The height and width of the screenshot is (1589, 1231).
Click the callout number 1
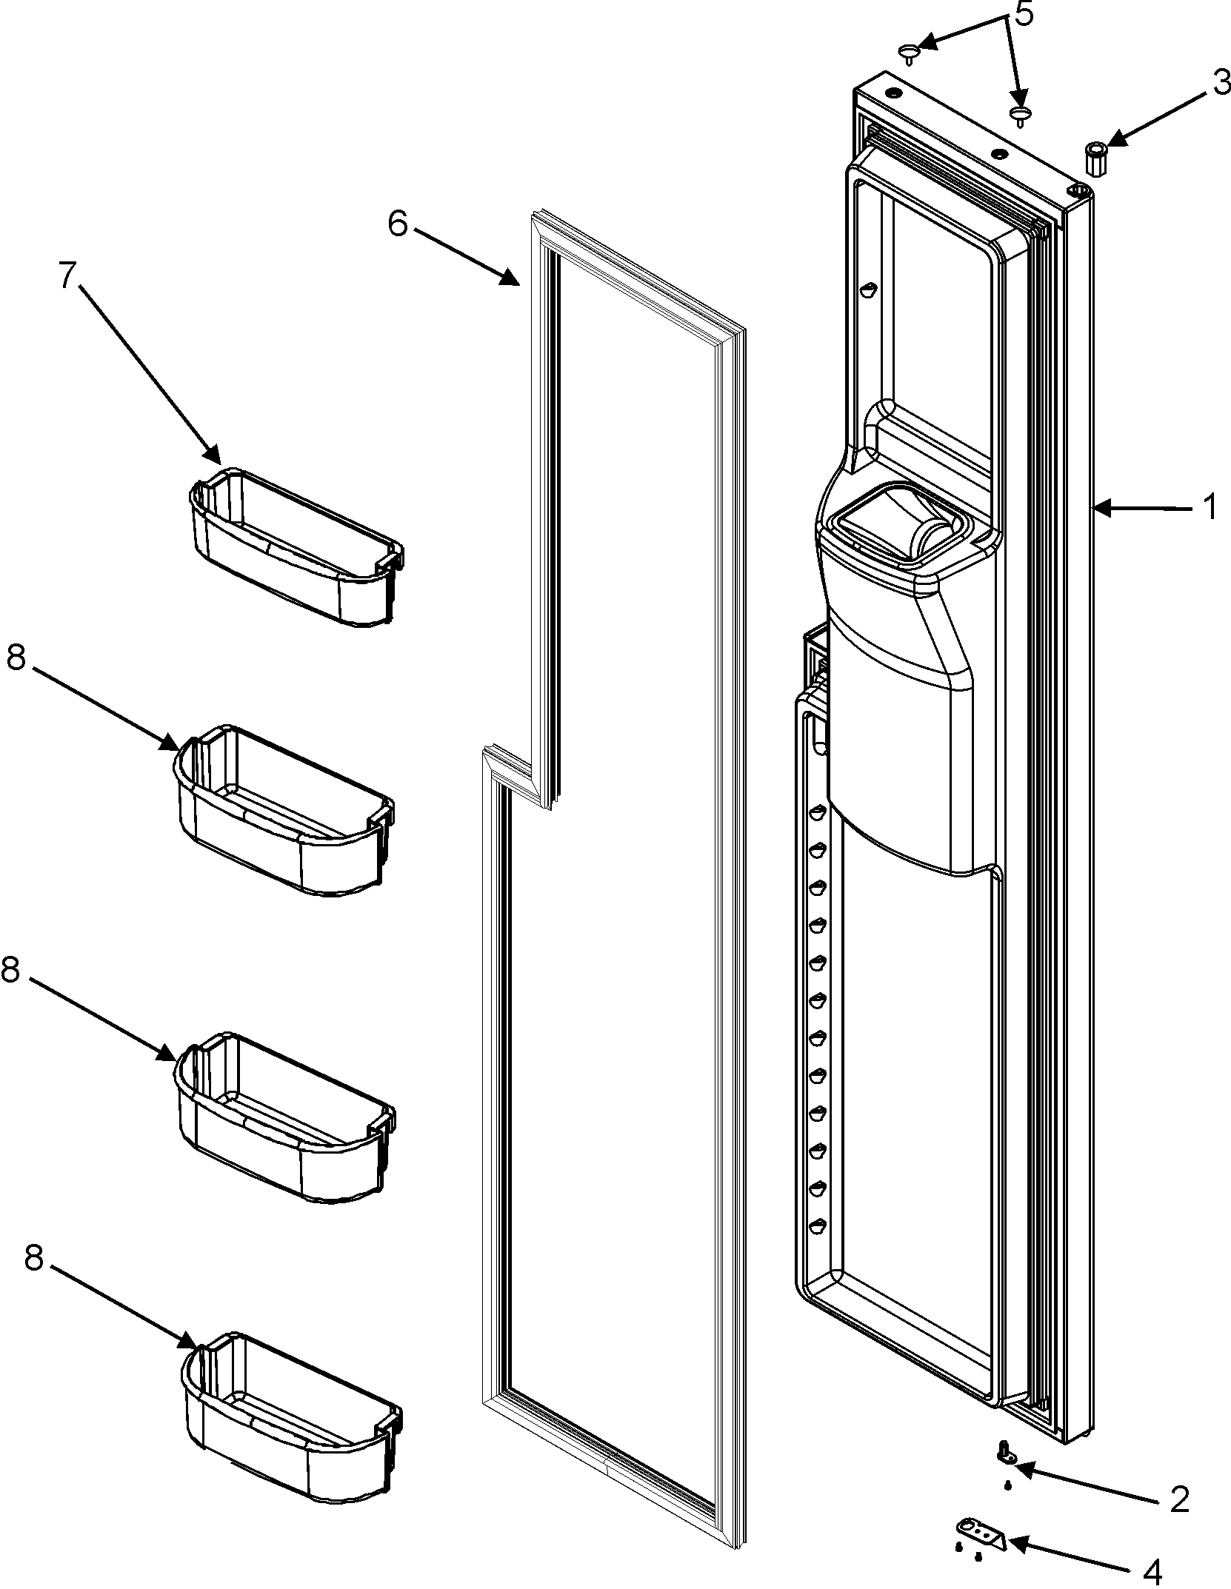tap(1208, 508)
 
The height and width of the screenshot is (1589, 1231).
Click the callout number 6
tap(397, 223)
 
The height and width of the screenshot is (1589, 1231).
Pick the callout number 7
tap(67, 276)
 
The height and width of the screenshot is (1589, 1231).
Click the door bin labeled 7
tap(296, 548)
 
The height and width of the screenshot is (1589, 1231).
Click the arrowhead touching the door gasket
tap(512, 279)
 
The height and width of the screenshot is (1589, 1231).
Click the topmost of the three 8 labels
tap(17, 658)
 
